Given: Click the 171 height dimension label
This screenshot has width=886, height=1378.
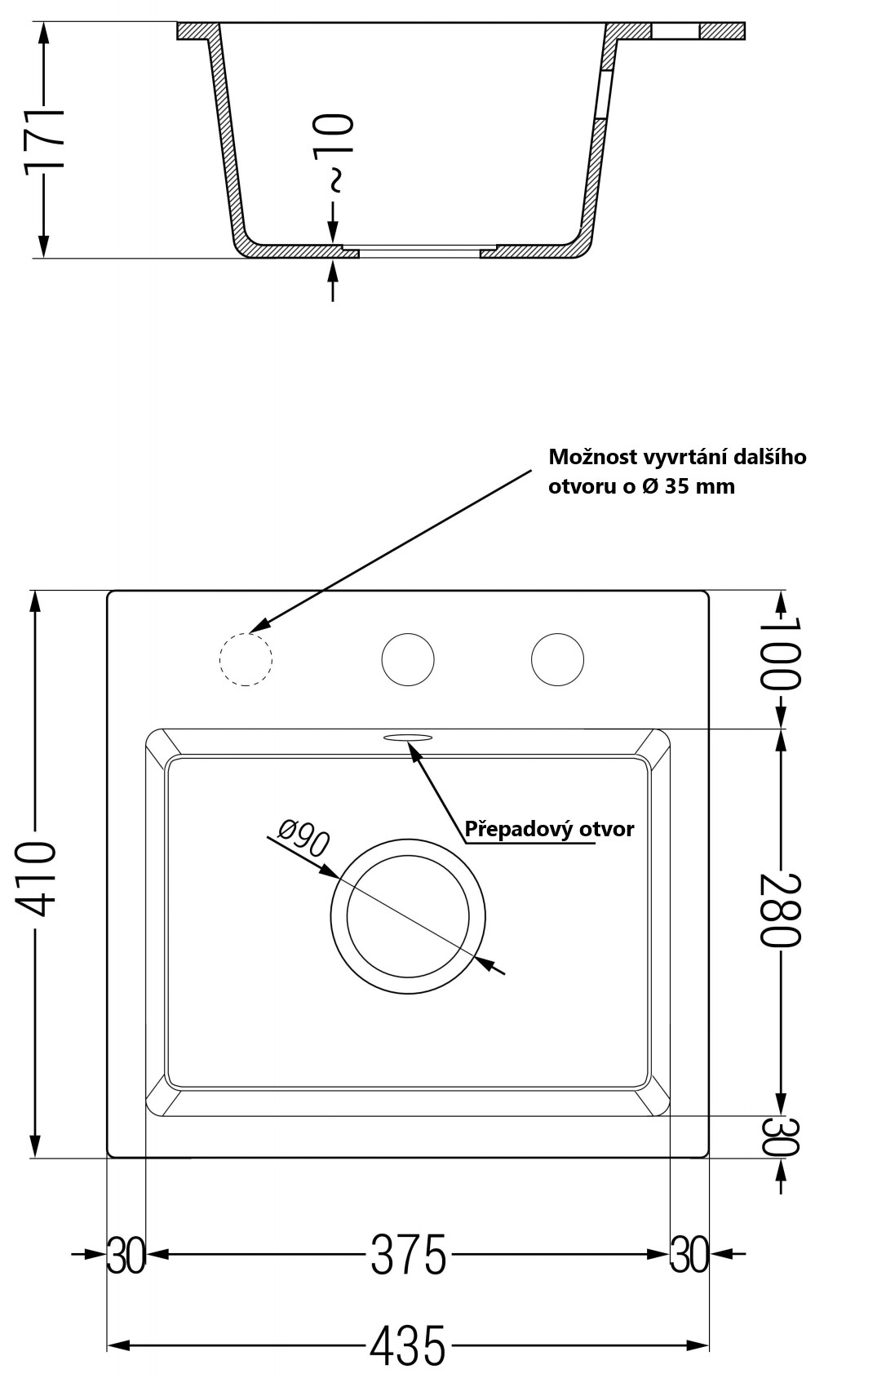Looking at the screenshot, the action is click(x=44, y=140).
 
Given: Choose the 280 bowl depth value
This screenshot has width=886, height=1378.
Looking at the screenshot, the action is click(x=781, y=911).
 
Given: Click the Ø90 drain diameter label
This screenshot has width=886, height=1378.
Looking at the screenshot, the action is click(x=303, y=838).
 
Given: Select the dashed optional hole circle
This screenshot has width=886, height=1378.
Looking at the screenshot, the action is click(x=246, y=634).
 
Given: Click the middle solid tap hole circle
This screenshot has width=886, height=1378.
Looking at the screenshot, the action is click(x=408, y=634).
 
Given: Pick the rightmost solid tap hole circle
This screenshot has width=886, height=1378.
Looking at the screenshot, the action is click(x=557, y=634).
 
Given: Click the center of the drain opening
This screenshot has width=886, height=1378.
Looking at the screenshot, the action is click(x=408, y=916).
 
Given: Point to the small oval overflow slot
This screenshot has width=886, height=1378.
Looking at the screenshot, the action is click(x=408, y=737).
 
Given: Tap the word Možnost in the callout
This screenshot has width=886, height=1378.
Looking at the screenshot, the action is click(x=591, y=457).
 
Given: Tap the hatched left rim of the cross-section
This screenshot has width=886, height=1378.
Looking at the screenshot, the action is click(x=196, y=31).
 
